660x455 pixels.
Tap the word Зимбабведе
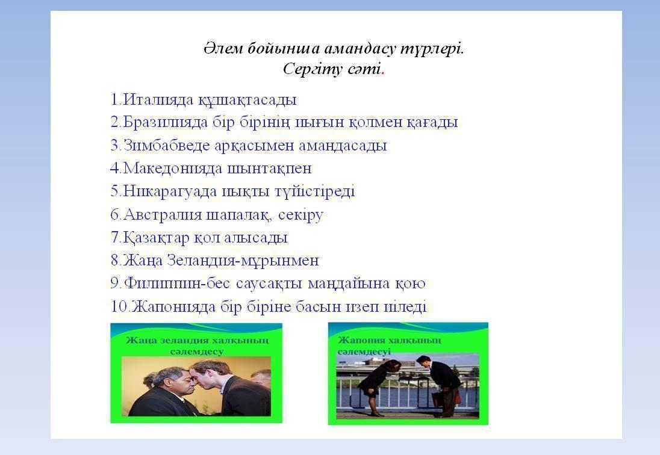click(x=166, y=145)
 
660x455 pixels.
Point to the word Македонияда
click(x=173, y=168)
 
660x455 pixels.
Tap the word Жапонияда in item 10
click(x=173, y=306)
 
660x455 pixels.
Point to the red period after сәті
click(x=382, y=73)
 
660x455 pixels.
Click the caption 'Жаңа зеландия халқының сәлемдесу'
click(x=196, y=345)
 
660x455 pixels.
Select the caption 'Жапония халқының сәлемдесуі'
click(x=390, y=345)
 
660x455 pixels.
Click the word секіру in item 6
click(x=300, y=215)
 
